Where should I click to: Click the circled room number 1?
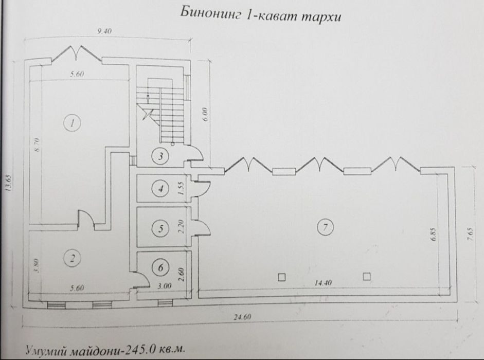72,123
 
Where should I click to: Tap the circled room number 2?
73,258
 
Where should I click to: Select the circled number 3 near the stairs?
160,156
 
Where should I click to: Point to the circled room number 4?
160,188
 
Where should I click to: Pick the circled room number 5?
160,228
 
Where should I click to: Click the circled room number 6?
160,267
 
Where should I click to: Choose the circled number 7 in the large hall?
326,227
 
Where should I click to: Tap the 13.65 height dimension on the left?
8,184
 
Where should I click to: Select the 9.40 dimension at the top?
104,31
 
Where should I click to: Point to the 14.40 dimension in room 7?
323,282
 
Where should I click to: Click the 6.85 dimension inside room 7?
434,235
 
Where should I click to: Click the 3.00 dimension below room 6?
164,286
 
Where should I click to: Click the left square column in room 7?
281,277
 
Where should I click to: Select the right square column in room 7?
366,276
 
